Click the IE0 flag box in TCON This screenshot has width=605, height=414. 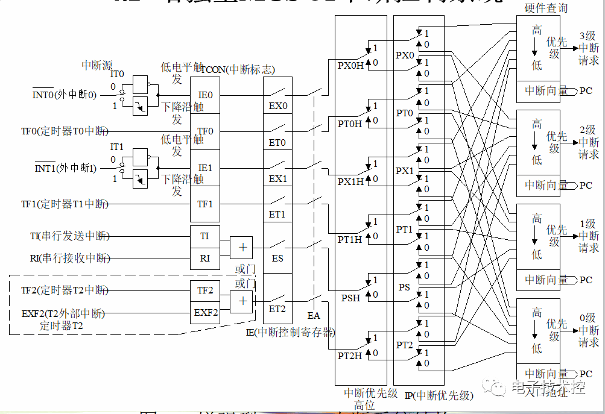[205, 95]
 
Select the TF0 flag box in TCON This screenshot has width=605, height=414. [205, 131]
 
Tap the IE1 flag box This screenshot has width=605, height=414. [205, 168]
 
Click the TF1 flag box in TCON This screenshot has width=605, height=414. [205, 204]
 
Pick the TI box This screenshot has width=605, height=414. [205, 236]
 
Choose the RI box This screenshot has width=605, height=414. [205, 258]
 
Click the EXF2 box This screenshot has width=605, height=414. [205, 312]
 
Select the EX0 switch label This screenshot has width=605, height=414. [278, 106]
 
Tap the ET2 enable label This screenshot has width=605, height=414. [277, 309]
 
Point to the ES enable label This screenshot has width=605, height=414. [277, 259]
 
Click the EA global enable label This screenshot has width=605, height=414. [314, 315]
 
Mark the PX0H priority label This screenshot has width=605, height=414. [350, 66]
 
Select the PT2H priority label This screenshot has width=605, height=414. [350, 356]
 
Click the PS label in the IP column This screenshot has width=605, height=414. [404, 287]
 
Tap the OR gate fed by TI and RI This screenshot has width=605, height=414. [242, 247]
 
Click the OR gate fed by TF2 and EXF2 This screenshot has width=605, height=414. [242, 301]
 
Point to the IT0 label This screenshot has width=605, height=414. [117, 74]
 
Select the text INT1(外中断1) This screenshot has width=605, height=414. [65, 168]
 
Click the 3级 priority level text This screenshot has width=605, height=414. [588, 36]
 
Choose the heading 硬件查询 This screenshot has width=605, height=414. [546, 8]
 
